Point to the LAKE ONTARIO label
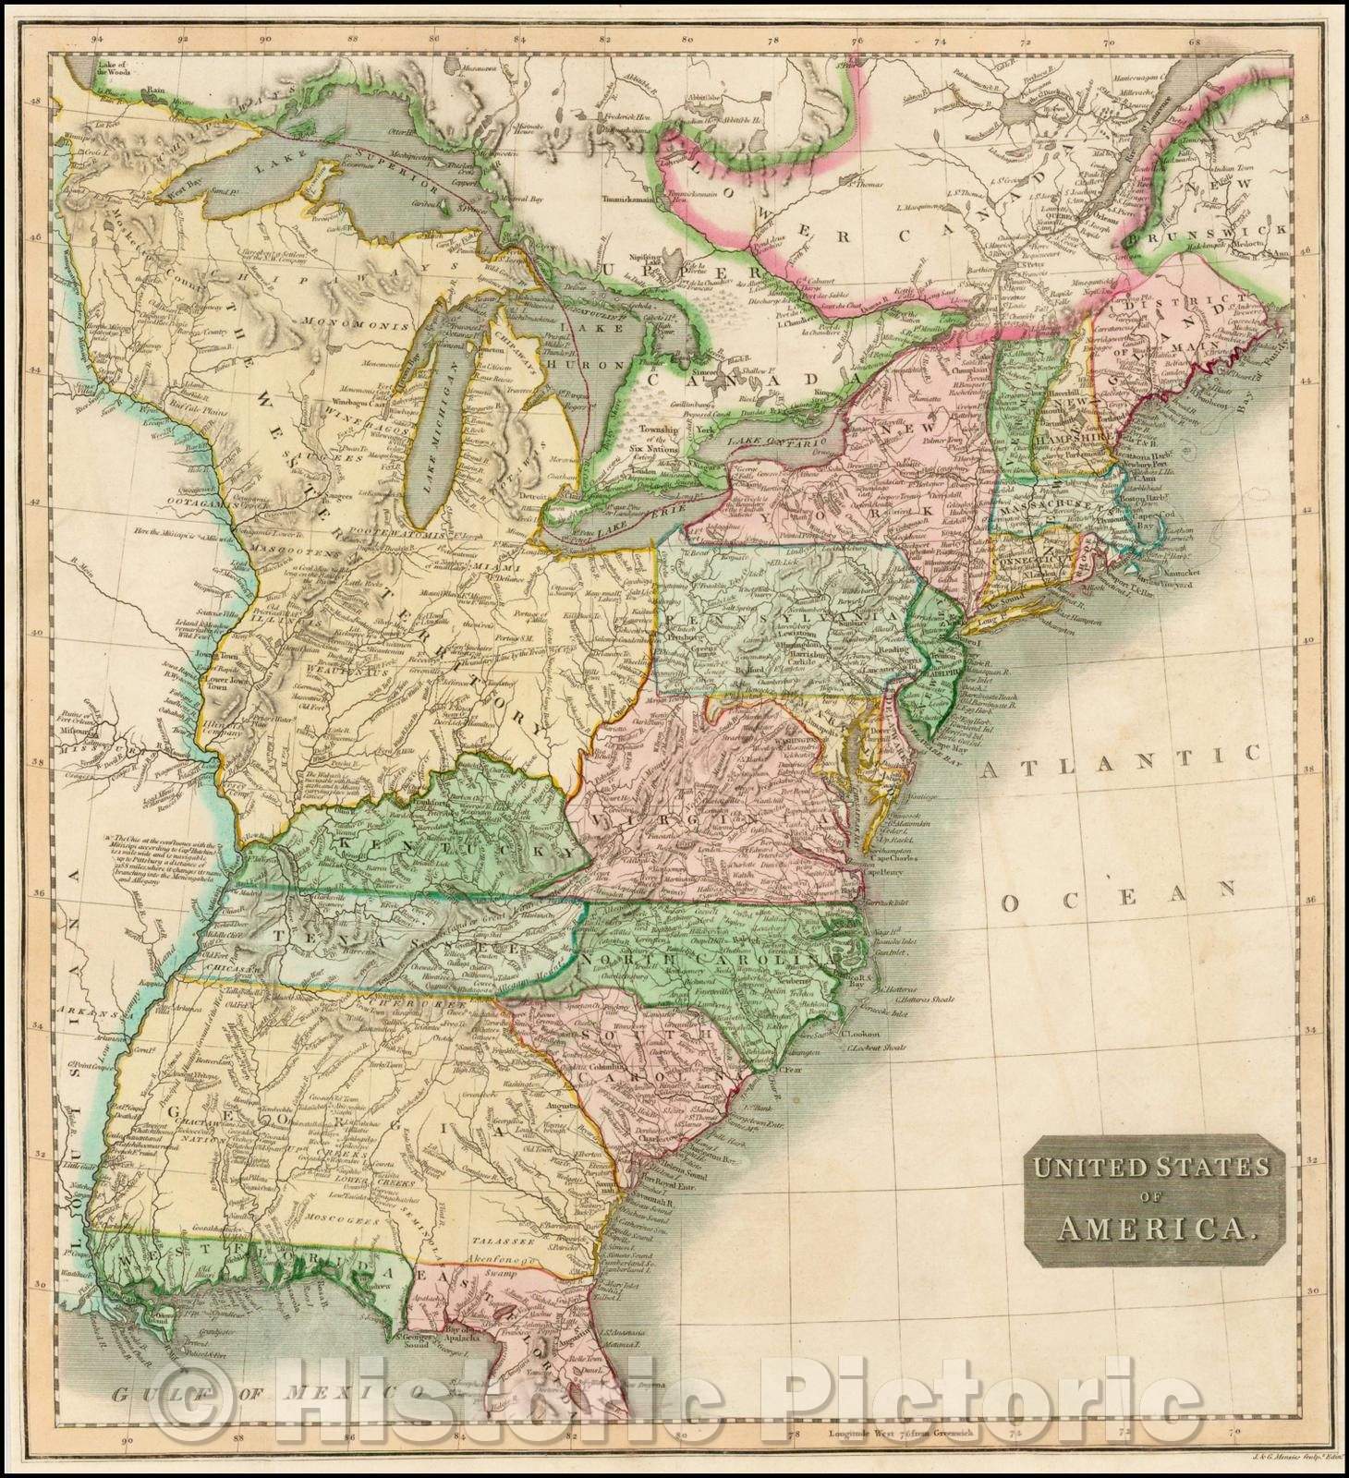776,447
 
